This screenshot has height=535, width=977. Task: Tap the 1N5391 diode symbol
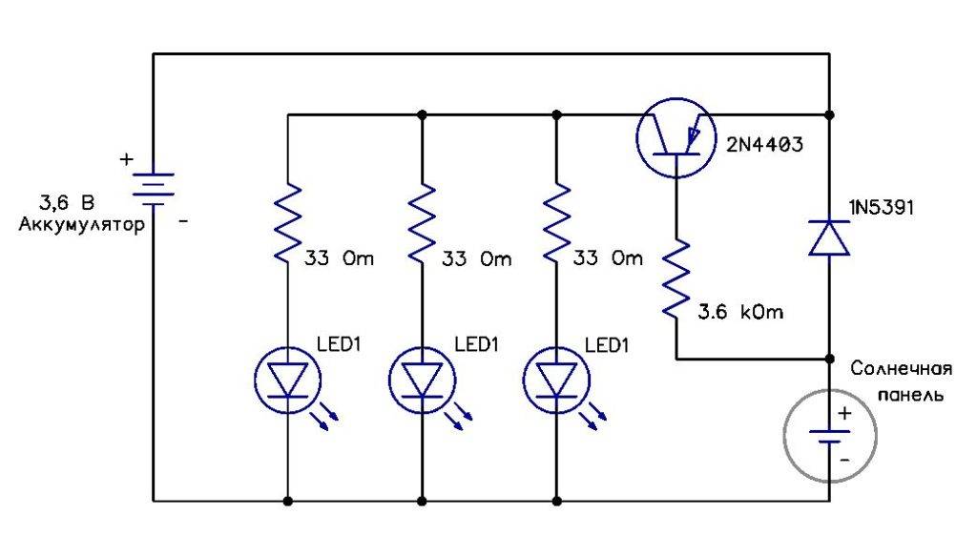(829, 237)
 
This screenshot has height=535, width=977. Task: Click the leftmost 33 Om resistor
(287, 223)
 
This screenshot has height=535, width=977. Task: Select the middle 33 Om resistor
(422, 223)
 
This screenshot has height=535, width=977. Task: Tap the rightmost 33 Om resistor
(556, 223)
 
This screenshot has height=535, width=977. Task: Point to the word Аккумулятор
(81, 226)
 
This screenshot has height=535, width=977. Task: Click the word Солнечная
(902, 369)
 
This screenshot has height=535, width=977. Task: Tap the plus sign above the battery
(126, 160)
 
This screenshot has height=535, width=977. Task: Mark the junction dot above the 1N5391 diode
(829, 115)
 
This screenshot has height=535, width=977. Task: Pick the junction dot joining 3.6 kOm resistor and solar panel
(829, 360)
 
